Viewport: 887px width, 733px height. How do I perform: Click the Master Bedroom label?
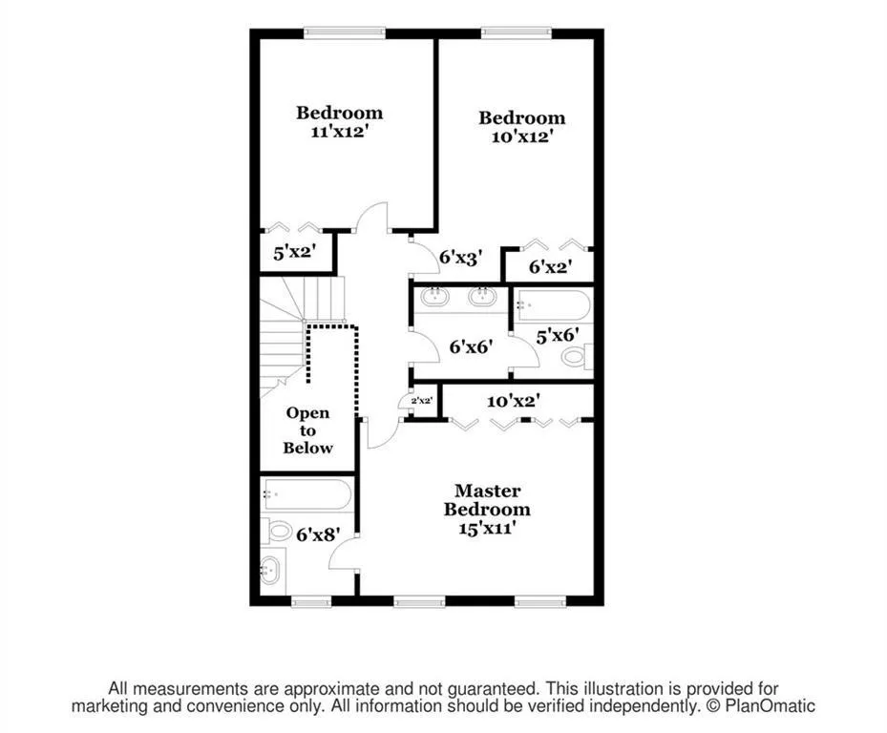487,499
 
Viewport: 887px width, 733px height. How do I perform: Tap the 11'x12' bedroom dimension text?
339,134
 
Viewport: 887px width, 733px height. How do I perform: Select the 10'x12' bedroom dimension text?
521,137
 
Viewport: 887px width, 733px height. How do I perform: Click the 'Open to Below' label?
307,430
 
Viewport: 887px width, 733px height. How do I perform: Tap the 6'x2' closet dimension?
549,268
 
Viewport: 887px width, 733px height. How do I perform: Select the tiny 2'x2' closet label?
422,402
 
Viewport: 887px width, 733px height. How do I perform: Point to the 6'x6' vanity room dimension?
470,346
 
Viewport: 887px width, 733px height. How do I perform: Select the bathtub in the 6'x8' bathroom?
306,494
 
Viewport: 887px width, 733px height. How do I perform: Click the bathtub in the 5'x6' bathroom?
553,305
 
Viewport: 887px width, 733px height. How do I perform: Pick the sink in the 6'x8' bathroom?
270,571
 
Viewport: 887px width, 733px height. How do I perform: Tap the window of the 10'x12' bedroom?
517,33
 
